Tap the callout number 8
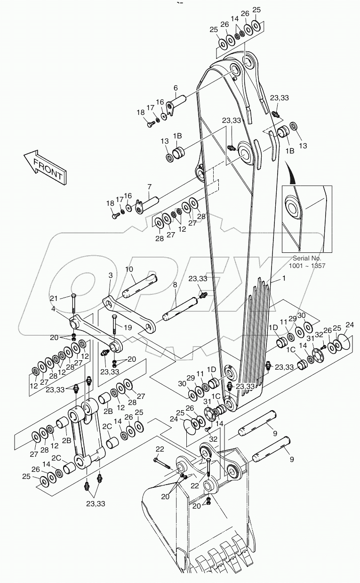click(x=175, y=285)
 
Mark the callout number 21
click(x=54, y=298)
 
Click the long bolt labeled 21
click(x=74, y=304)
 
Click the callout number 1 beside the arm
click(x=284, y=279)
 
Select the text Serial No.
click(x=307, y=258)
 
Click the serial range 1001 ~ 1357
click(x=307, y=266)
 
